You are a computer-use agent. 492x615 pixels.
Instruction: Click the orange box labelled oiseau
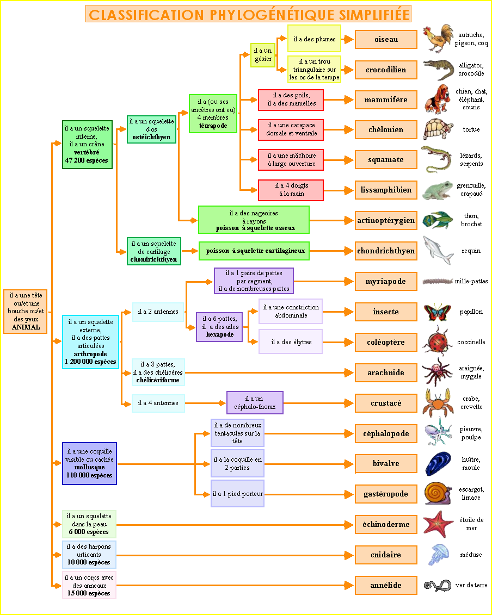pos(386,40)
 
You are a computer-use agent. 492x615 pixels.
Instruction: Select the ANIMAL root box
pos(26,311)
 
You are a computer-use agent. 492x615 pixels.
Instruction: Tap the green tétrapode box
pos(213,114)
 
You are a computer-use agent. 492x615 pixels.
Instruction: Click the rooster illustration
pos(439,38)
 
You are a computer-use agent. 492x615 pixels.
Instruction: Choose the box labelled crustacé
pos(386,403)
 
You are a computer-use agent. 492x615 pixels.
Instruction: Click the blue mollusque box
pos(89,463)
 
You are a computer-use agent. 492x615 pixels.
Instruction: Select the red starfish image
pos(438,524)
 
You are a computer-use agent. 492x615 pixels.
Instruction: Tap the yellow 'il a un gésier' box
pos(262,55)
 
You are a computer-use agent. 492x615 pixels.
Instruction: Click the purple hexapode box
pos(219,327)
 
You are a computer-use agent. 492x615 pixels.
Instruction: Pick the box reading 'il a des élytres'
pos(291,342)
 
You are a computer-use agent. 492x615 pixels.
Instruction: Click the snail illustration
pos(438,494)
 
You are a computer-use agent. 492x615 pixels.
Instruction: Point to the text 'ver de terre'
pos(471,585)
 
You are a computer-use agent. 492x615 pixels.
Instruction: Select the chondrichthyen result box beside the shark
pos(386,251)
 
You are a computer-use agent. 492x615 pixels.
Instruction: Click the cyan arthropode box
pos(90,342)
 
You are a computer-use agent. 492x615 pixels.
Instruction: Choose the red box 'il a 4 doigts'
pos(291,190)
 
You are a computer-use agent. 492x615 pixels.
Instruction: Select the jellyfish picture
pos(438,555)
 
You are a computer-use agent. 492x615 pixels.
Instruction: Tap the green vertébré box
pos(87,145)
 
